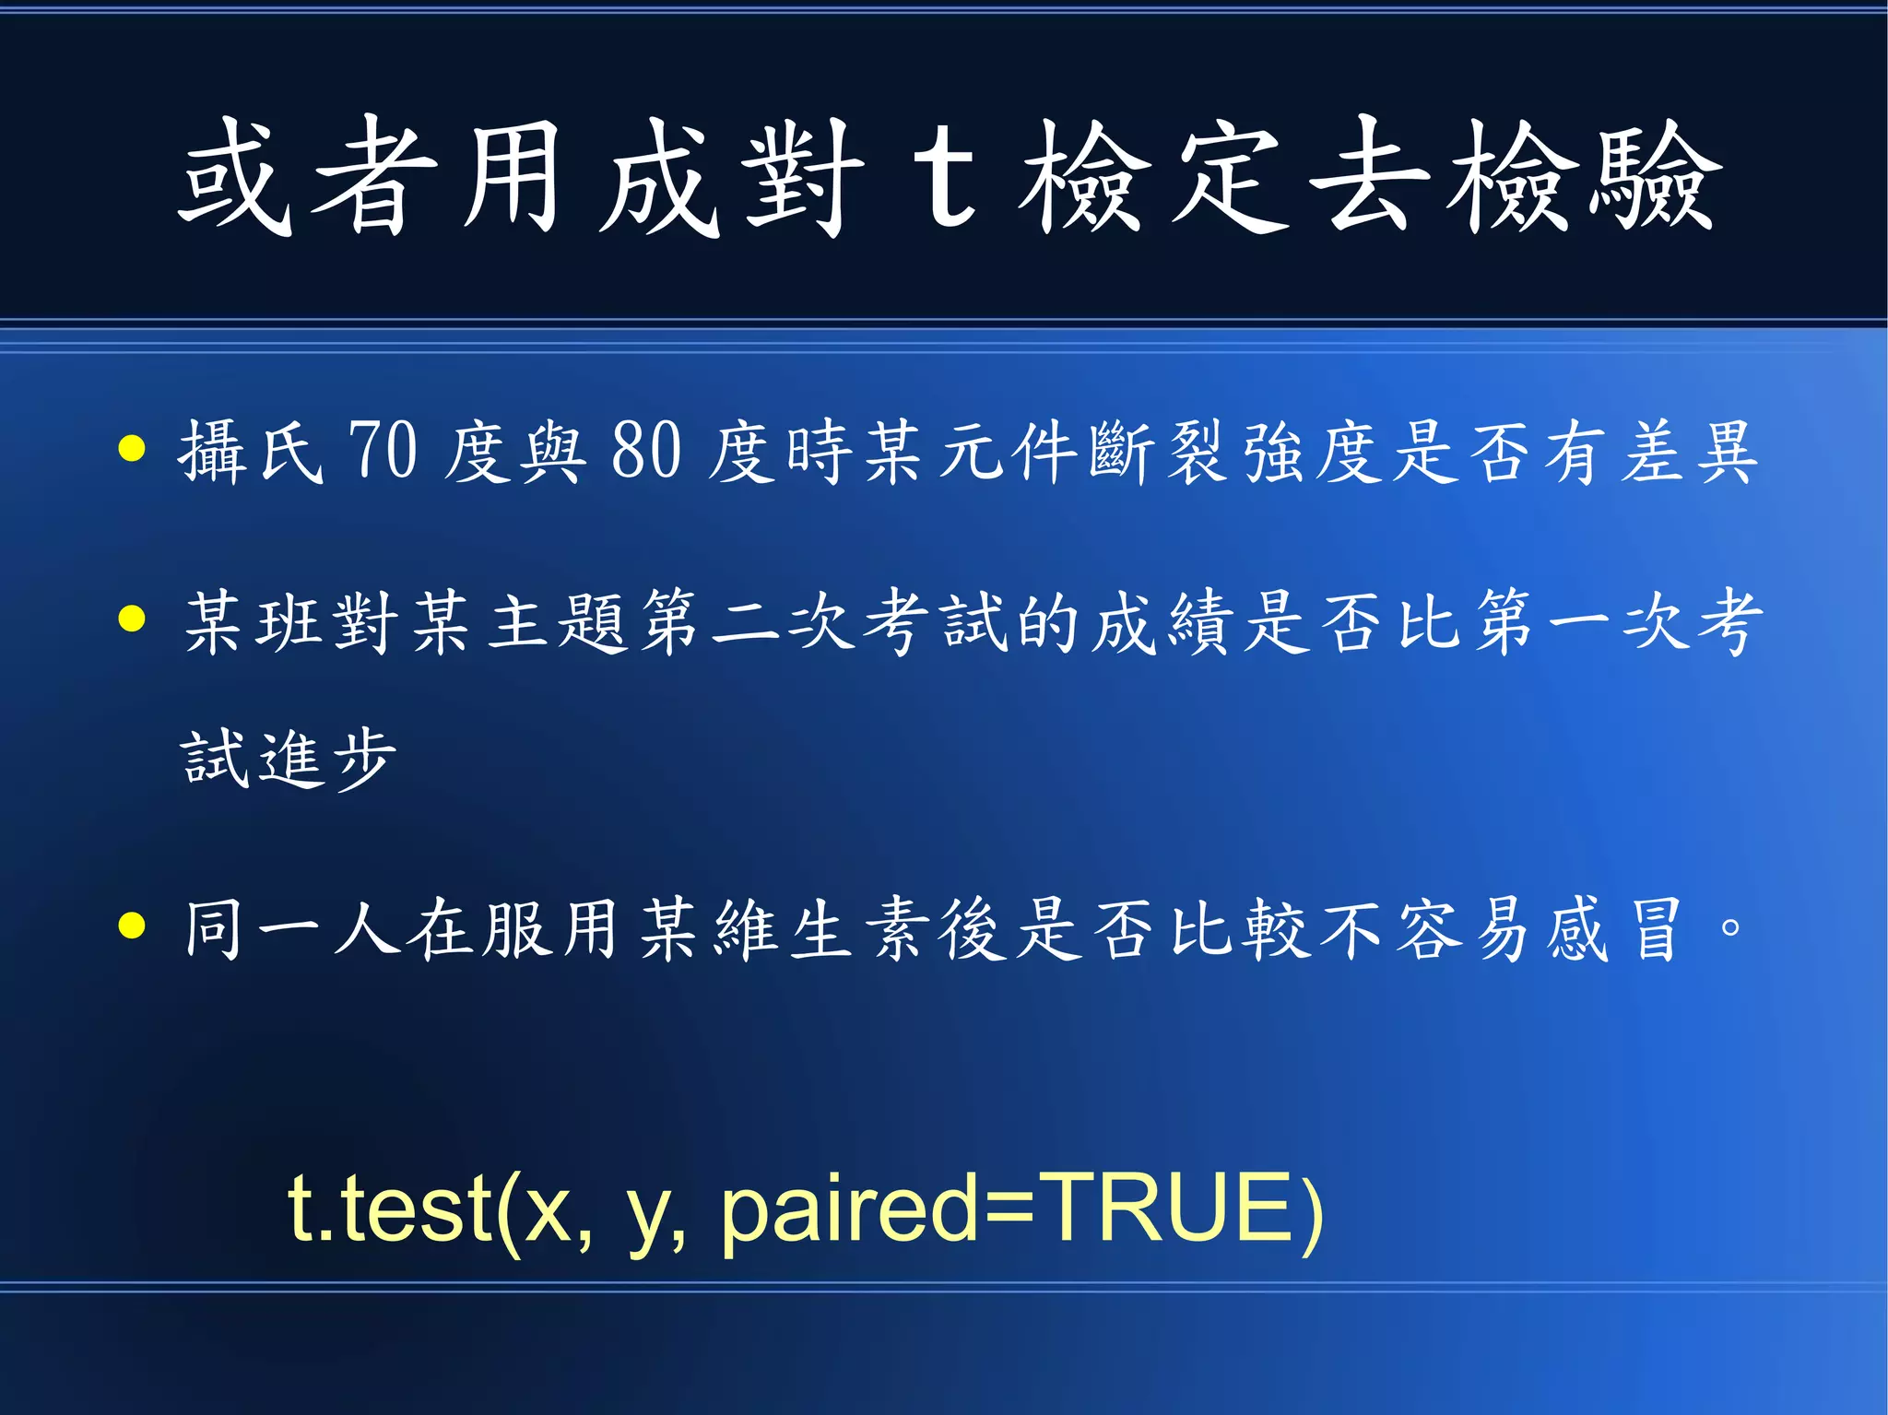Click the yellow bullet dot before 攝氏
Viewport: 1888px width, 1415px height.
(133, 449)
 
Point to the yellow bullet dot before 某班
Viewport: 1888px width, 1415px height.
(133, 619)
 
